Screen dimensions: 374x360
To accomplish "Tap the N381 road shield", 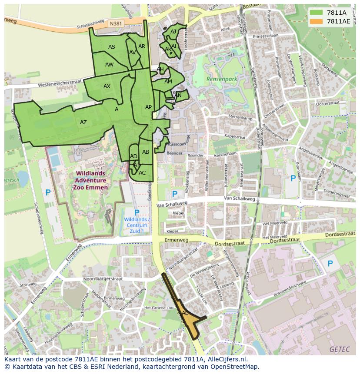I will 116,24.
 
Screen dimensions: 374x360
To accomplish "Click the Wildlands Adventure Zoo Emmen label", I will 90,180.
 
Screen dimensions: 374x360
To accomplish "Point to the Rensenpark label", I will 222,79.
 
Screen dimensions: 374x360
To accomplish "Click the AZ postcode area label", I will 83,122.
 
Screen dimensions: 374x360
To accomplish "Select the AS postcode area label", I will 112,47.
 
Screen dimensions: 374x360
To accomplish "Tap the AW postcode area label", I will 110,65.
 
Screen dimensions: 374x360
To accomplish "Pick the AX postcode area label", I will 107,86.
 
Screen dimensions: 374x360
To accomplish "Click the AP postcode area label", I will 148,107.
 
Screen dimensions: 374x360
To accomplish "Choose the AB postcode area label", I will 146,152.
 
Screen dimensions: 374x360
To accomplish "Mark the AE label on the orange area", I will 185,313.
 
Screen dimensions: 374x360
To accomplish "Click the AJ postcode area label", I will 173,32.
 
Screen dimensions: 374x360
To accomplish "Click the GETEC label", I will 338,349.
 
